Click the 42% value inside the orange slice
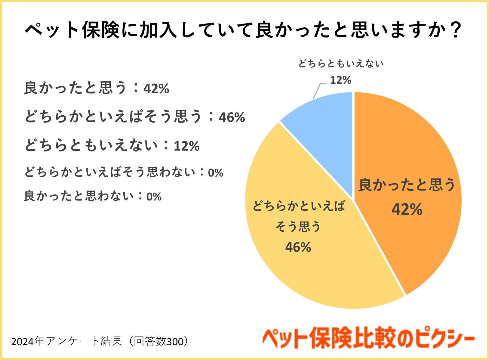tap(407, 209)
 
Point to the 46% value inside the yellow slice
tap(298, 247)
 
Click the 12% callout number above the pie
tap(341, 80)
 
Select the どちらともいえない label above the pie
tap(341, 64)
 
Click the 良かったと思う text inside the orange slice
tap(407, 185)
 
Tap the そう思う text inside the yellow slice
tap(298, 227)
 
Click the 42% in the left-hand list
tap(156, 89)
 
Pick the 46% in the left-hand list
tap(232, 117)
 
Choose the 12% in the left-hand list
tap(187, 146)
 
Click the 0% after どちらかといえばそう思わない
tap(216, 173)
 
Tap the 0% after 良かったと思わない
tap(154, 197)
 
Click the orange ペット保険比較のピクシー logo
tap(368, 339)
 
